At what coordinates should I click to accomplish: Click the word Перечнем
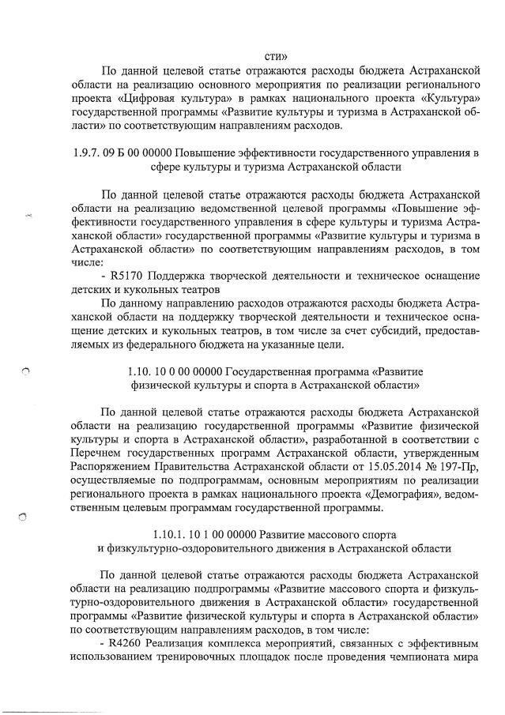pos(100,452)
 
